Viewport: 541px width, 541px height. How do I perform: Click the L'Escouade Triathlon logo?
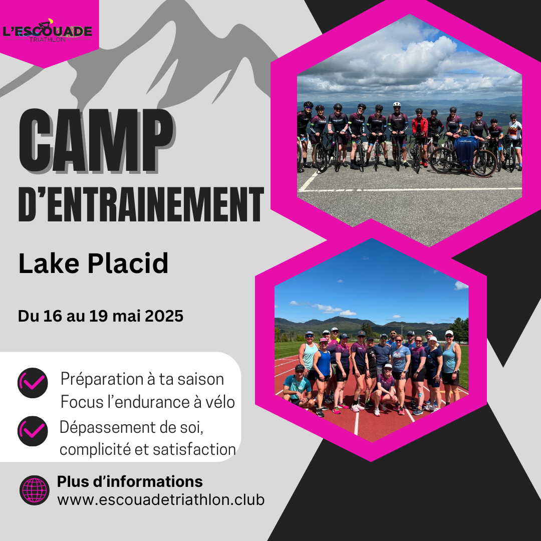click(x=47, y=31)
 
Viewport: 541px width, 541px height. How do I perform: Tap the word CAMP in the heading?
click(x=97, y=141)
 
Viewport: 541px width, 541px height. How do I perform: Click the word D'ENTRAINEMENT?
click(x=141, y=204)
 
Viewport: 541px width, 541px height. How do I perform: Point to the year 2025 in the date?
click(x=164, y=316)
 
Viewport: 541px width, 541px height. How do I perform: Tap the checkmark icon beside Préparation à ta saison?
click(x=33, y=383)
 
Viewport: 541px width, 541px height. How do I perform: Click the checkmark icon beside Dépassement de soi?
click(x=33, y=431)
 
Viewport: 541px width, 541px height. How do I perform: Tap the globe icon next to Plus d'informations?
click(x=35, y=490)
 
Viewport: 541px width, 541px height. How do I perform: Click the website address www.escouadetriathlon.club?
click(x=161, y=499)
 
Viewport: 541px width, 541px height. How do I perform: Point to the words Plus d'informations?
click(x=130, y=482)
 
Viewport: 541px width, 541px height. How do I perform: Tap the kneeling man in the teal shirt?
click(x=298, y=386)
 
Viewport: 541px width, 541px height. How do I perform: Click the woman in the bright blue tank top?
click(x=322, y=377)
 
